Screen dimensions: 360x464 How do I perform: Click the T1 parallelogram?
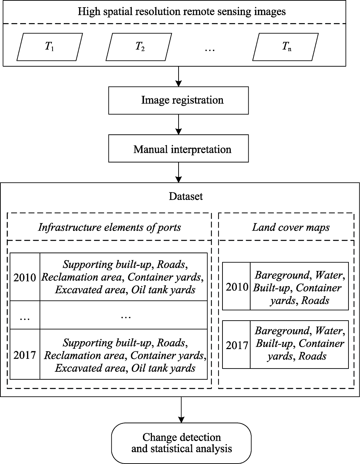[x=50, y=47]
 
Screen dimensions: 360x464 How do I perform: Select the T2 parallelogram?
[x=139, y=47]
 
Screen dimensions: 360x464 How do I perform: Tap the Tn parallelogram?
[x=285, y=47]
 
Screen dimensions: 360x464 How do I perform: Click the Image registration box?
[x=179, y=101]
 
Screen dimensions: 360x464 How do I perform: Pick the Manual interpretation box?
[x=179, y=148]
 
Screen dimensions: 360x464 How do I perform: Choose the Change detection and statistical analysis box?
[x=181, y=443]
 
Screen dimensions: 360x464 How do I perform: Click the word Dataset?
[x=186, y=196]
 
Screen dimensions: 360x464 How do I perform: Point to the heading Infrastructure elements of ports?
[x=109, y=227]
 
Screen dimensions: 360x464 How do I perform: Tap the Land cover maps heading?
[x=291, y=227]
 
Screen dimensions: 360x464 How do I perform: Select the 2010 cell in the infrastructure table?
[x=25, y=277]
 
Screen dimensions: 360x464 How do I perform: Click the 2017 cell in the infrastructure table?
[x=25, y=355]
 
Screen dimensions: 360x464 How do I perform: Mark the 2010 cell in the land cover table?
[x=237, y=286]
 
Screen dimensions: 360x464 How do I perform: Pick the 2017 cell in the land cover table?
[x=237, y=345]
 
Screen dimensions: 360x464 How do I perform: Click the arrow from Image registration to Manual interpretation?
[x=179, y=125]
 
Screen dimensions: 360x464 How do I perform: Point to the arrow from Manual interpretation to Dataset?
[x=179, y=173]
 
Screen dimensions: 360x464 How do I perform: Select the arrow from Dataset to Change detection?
[x=181, y=410]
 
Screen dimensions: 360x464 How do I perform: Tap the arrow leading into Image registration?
[x=179, y=76]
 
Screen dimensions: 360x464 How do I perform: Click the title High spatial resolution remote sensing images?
[x=181, y=12]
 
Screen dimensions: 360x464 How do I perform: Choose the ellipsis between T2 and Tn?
[x=210, y=50]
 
